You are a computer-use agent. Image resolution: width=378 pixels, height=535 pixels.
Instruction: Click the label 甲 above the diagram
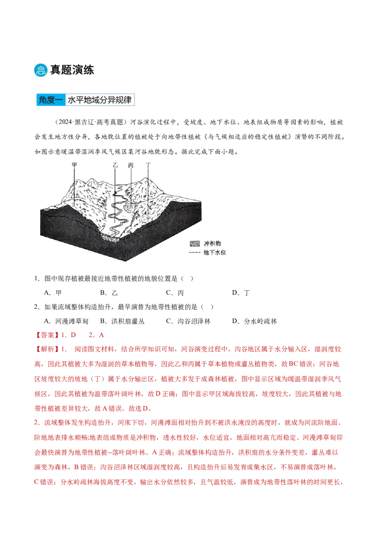click(74, 165)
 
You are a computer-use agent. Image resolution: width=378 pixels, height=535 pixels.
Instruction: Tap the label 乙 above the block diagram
click(115, 165)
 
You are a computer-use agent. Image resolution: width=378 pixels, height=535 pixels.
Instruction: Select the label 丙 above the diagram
click(130, 165)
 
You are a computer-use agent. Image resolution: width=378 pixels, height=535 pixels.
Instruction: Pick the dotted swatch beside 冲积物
click(194, 244)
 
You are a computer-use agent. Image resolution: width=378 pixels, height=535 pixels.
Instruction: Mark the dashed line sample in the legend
click(194, 252)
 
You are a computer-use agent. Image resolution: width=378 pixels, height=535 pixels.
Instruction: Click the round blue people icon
click(41, 70)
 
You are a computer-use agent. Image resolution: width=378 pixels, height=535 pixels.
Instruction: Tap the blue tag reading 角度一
click(50, 100)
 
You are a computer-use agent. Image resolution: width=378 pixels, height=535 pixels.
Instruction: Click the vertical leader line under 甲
click(74, 187)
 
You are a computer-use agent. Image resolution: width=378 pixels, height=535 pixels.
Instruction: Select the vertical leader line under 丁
click(148, 194)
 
